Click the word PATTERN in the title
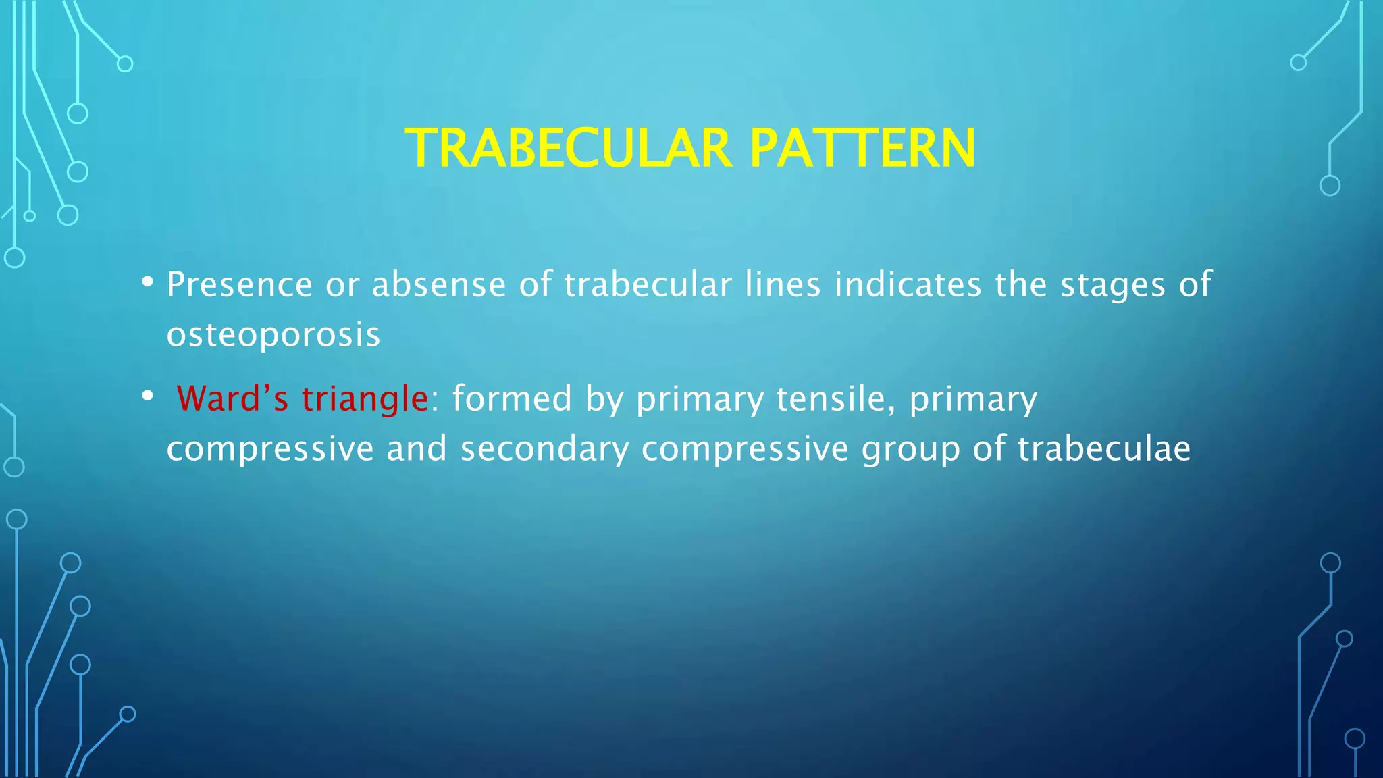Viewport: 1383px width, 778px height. pos(862,149)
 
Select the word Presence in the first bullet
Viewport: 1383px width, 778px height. pos(240,284)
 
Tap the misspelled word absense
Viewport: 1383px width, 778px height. pos(439,284)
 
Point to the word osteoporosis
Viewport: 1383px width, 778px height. pos(273,334)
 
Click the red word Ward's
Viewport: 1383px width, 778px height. pos(232,398)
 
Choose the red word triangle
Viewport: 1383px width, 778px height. pos(365,399)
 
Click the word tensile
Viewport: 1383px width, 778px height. pos(835,398)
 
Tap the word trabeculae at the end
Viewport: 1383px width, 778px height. pos(1104,449)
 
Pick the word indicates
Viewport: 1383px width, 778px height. pos(908,284)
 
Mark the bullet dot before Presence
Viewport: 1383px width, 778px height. pos(147,282)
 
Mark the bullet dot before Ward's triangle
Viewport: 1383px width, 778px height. pos(147,396)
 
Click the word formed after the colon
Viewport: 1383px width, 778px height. pos(512,398)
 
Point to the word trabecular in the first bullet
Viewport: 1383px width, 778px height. pos(648,284)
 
